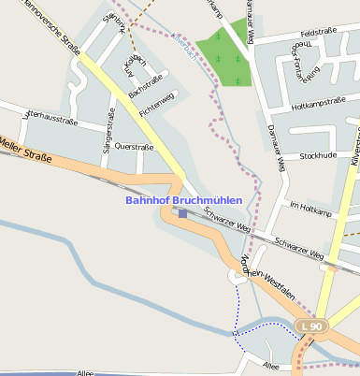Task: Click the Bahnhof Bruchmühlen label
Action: tap(183, 200)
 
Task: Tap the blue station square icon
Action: tap(182, 213)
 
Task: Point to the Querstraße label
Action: tap(133, 147)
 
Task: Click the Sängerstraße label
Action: tap(109, 135)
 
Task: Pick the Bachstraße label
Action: tap(145, 85)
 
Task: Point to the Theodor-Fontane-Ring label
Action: tap(302, 62)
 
